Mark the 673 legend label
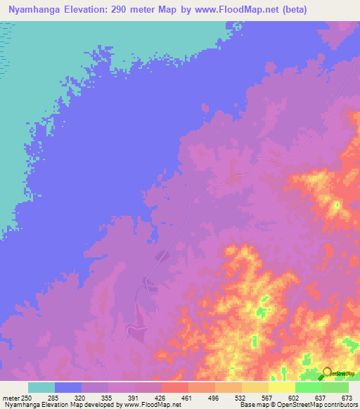tap(345, 398)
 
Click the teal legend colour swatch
tap(41, 387)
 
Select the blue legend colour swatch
tap(68, 387)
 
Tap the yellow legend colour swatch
tap(282, 387)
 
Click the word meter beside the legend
tap(10, 398)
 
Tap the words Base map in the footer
tap(252, 405)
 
